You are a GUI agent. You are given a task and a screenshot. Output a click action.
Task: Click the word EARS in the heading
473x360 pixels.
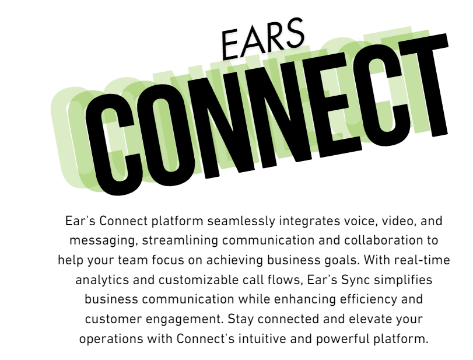pos(262,39)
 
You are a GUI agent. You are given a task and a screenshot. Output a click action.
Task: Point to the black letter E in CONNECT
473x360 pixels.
pos(335,109)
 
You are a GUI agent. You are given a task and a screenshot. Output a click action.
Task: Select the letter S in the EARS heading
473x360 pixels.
pos(294,33)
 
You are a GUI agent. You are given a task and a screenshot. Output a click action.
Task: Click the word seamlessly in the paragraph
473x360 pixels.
pos(241,221)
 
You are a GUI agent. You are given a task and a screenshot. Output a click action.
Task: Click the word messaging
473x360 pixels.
pos(104,241)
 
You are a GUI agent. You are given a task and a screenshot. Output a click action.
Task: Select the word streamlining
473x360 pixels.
pos(180,241)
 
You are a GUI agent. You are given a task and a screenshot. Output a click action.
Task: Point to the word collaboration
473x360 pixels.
pos(381,240)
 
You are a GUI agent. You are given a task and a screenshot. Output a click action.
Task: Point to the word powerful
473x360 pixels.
pos(343,339)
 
